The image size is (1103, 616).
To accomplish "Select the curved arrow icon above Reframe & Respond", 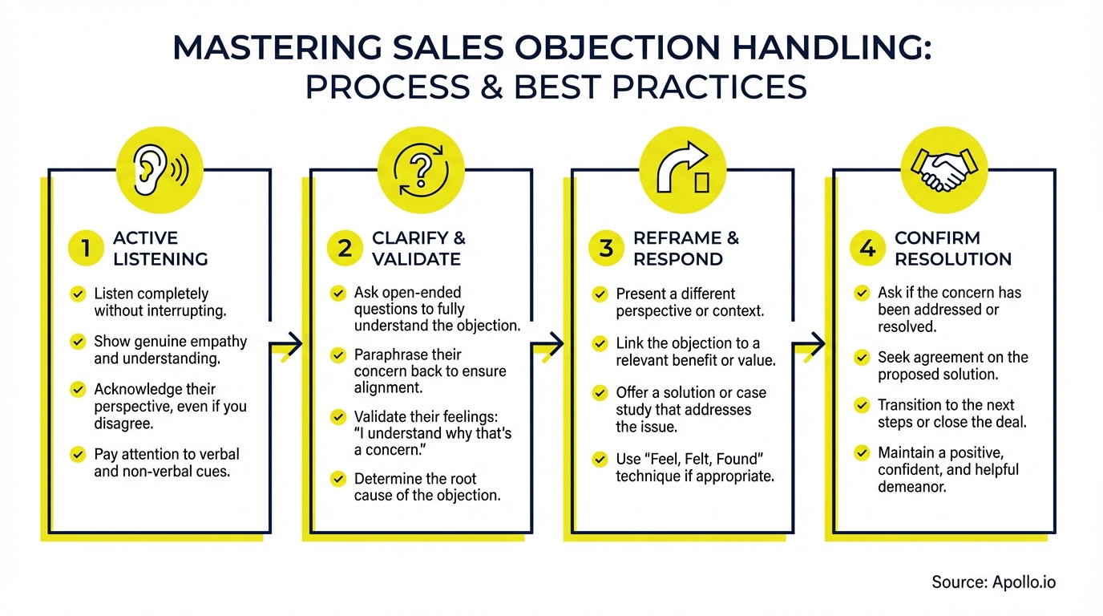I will [x=682, y=169].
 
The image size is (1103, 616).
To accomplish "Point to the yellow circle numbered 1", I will [x=86, y=249].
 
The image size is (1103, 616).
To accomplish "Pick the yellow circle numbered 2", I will [x=345, y=249].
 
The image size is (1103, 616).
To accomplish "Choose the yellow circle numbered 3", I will [x=607, y=249].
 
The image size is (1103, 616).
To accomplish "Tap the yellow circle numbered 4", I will [x=867, y=249].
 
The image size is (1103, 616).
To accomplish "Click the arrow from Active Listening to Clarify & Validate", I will [x=286, y=345].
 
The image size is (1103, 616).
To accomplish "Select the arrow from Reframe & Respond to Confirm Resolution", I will [x=809, y=346].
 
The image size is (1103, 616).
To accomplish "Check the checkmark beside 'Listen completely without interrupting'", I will [x=78, y=294].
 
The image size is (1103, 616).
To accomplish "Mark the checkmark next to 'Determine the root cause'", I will [x=338, y=479].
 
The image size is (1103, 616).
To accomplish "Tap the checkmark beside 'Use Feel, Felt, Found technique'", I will [x=600, y=460].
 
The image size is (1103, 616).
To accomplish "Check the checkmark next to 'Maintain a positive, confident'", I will [x=862, y=453].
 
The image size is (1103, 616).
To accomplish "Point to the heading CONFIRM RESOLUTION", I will [x=952, y=249].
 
